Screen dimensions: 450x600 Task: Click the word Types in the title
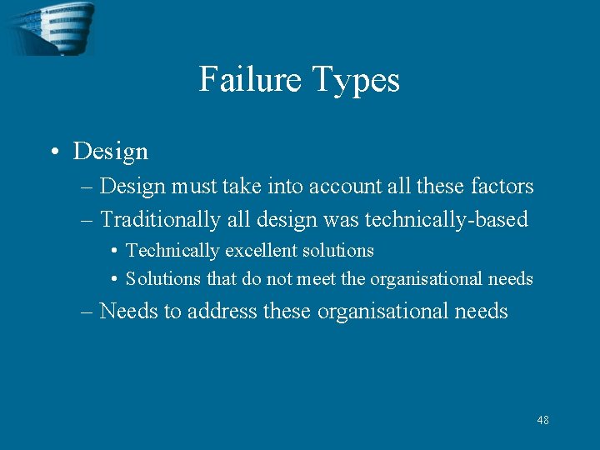[356, 80]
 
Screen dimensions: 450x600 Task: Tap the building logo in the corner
[50, 27]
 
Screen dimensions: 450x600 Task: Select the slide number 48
[542, 420]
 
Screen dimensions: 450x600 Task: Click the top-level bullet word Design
[111, 152]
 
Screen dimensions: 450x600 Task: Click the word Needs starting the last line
[128, 311]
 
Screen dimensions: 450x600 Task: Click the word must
[196, 187]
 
